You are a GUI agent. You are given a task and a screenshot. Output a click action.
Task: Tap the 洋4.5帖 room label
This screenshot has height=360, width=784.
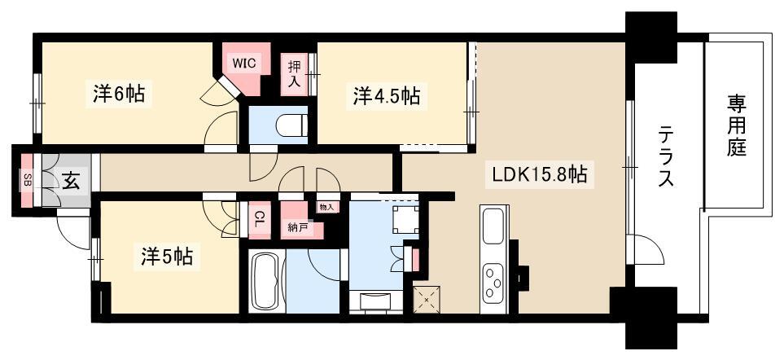[387, 95]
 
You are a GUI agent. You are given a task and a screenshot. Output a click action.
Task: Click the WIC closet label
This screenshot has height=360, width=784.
[244, 64]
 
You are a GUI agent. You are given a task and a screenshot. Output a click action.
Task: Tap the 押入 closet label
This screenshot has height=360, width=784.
[294, 74]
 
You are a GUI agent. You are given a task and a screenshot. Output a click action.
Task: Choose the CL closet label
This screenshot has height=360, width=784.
[259, 220]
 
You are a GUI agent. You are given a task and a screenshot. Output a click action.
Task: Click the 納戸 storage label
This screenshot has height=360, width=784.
[297, 228]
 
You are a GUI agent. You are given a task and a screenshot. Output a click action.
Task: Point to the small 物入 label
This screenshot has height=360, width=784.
[327, 206]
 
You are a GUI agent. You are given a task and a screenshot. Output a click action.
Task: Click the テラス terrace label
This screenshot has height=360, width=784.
[665, 156]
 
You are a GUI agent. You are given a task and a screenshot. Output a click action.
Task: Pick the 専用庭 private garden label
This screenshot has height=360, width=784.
[736, 126]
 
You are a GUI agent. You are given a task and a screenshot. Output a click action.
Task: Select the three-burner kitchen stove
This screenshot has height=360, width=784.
[493, 283]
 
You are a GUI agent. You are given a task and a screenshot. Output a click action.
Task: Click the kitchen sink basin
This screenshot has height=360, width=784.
[493, 226]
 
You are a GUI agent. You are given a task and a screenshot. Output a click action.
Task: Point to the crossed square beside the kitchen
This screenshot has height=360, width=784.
[427, 300]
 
